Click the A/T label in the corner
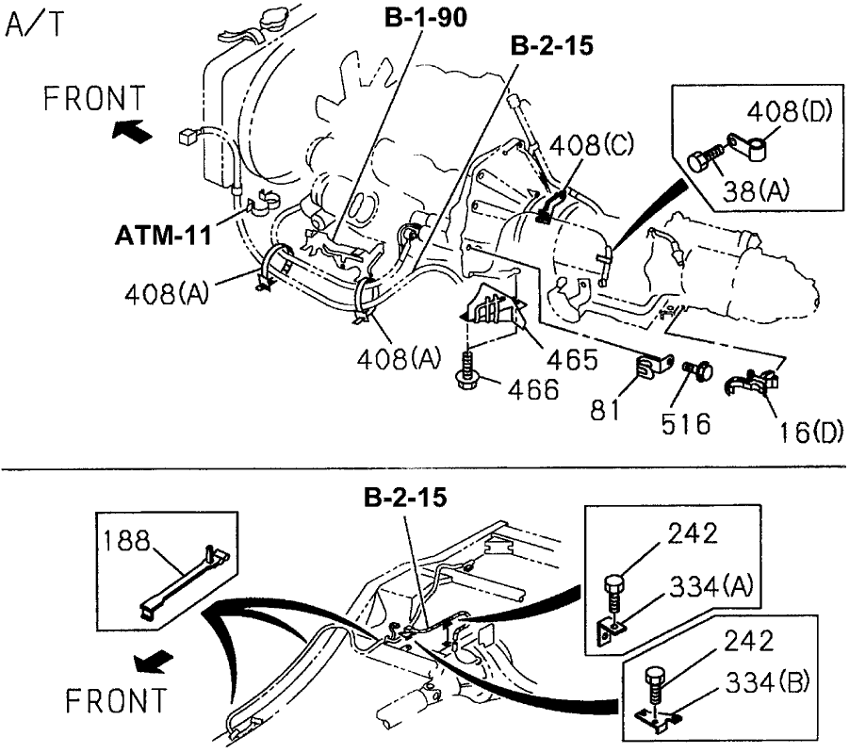(x=36, y=23)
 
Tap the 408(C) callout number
(x=592, y=146)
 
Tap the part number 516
(x=685, y=423)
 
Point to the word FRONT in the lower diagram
(x=117, y=700)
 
